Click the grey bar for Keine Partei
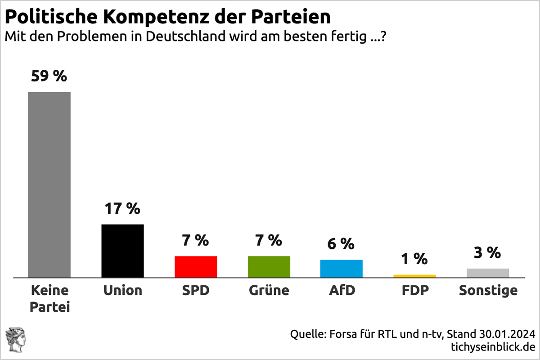point(49,184)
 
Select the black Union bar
point(123,251)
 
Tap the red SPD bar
point(196,266)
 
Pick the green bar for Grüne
point(269,266)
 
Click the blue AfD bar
point(342,268)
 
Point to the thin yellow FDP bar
point(414,276)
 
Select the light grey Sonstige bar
point(488,273)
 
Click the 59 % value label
point(49,76)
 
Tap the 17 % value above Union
point(122,208)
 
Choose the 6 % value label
point(341,244)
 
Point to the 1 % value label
point(414,259)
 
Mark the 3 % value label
point(488,253)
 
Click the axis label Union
point(122,291)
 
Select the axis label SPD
point(196,291)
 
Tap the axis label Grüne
point(269,291)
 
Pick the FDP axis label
point(414,291)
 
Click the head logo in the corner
point(14,340)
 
